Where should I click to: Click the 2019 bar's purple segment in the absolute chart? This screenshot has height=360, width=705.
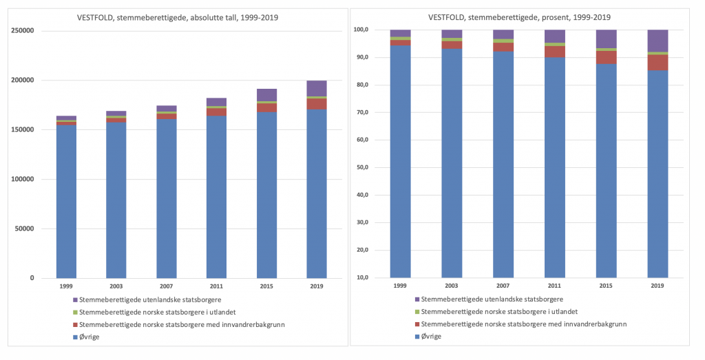pyautogui.click(x=317, y=88)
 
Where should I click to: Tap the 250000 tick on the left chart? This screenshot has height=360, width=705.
pyautogui.click(x=23, y=30)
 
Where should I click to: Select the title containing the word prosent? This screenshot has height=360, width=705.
pyautogui.click(x=520, y=17)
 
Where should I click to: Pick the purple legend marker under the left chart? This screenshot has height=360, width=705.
pyautogui.click(x=74, y=299)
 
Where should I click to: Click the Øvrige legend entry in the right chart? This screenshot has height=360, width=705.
pyautogui.click(x=430, y=336)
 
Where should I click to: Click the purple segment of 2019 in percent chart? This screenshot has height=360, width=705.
pyautogui.click(x=657, y=41)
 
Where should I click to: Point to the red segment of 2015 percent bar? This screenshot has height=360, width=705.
pyautogui.click(x=606, y=57)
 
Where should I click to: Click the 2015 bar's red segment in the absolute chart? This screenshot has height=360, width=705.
pyautogui.click(x=266, y=107)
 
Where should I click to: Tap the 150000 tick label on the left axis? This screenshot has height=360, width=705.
pyautogui.click(x=23, y=129)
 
